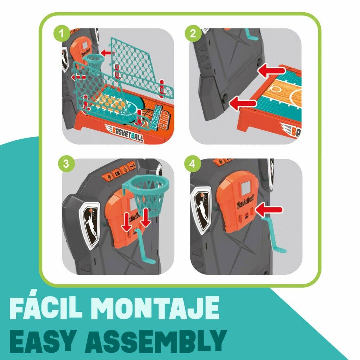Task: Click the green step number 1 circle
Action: pyautogui.click(x=61, y=34)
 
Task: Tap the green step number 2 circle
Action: pyautogui.click(x=193, y=33)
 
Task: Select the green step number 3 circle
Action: pyautogui.click(x=66, y=164)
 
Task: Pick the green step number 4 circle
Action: pyautogui.click(x=192, y=164)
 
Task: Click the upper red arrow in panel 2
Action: pyautogui.click(x=271, y=70)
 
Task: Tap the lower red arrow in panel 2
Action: pyautogui.click(x=243, y=103)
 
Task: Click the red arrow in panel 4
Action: pyautogui.click(x=269, y=210)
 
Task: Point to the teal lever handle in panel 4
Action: pyautogui.click(x=273, y=235)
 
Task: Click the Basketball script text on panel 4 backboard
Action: pyautogui.click(x=246, y=202)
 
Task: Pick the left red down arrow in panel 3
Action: pyautogui.click(x=126, y=222)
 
